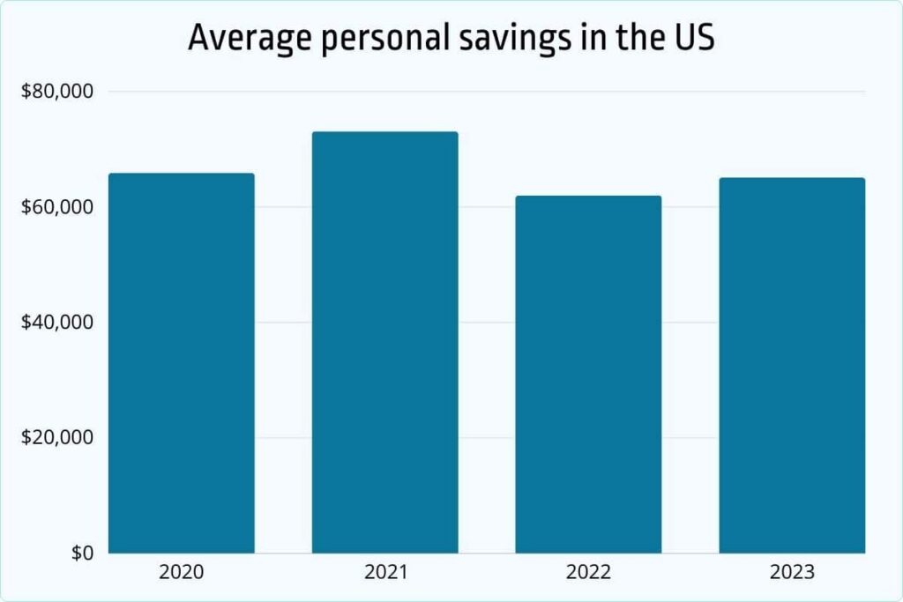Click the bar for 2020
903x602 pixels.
point(182,363)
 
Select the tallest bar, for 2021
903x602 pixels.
point(384,343)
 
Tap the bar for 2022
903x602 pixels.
point(588,375)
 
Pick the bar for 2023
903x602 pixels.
point(792,366)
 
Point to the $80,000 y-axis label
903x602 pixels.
point(58,92)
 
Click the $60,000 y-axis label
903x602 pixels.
point(58,207)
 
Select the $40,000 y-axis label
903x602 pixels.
point(58,323)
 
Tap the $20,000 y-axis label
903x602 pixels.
point(58,438)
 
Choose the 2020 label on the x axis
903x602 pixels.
point(182,573)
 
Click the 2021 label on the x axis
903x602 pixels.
point(384,573)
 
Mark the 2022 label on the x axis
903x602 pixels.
point(588,573)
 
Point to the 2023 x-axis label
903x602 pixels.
point(792,573)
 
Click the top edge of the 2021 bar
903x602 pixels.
point(384,133)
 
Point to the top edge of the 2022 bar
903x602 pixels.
point(588,197)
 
